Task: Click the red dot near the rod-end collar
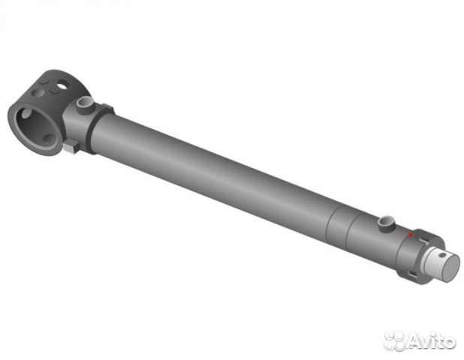(411, 235)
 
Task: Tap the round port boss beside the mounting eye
(86, 106)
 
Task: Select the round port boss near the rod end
(387, 223)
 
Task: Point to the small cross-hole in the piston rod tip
(442, 255)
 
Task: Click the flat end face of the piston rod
(450, 268)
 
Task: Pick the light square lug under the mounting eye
(71, 146)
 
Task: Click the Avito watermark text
(430, 341)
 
